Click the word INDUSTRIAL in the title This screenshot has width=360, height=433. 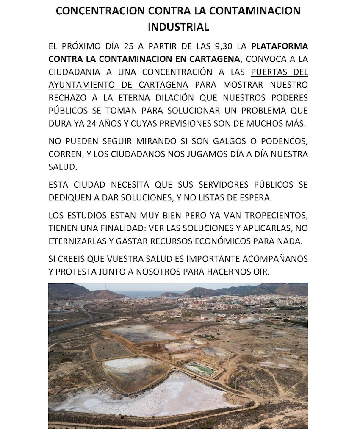coord(178,27)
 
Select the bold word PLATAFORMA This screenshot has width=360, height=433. coord(279,46)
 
